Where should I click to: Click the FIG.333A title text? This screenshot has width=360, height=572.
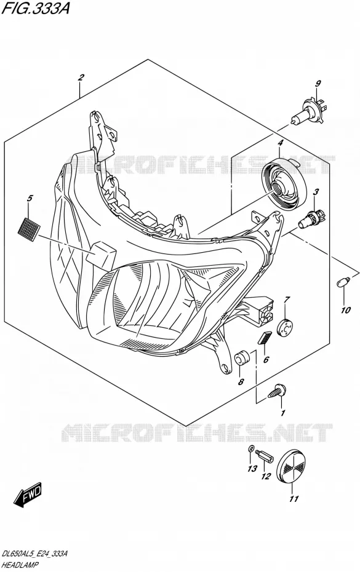coord(36,9)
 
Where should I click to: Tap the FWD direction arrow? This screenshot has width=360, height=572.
coord(28,495)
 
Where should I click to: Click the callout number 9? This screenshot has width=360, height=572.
coord(318,84)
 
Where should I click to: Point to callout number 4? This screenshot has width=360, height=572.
coord(280,143)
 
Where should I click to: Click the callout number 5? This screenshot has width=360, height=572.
coord(30,199)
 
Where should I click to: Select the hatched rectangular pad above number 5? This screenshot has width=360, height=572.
coord(29,226)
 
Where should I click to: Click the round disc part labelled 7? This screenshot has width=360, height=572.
coord(285,327)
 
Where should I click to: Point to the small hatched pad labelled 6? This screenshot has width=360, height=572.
coord(265,338)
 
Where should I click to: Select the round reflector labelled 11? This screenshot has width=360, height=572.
coord(293,466)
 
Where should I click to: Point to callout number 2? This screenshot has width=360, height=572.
coord(81,77)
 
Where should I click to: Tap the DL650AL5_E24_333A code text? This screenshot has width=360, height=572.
coord(34,554)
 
